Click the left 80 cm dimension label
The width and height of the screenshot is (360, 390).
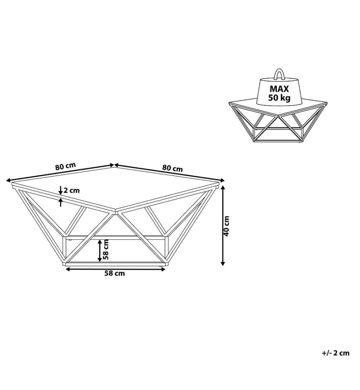click(65, 166)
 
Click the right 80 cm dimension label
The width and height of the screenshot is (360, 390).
click(173, 168)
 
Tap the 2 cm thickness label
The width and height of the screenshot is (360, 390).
click(72, 191)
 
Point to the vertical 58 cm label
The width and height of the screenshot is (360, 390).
click(106, 249)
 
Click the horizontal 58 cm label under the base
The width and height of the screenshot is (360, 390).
click(115, 273)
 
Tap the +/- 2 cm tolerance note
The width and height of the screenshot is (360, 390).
click(336, 353)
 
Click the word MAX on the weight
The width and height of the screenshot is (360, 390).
click(279, 89)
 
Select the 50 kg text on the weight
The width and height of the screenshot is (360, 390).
click(279, 97)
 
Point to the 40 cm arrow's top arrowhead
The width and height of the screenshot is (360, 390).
click(223, 188)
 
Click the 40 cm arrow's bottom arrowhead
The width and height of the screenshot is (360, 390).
click(223, 263)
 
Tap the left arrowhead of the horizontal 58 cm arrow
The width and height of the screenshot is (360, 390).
click(67, 269)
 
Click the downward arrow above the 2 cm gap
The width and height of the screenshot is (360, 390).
click(60, 190)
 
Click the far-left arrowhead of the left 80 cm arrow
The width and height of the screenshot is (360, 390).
click(8, 180)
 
